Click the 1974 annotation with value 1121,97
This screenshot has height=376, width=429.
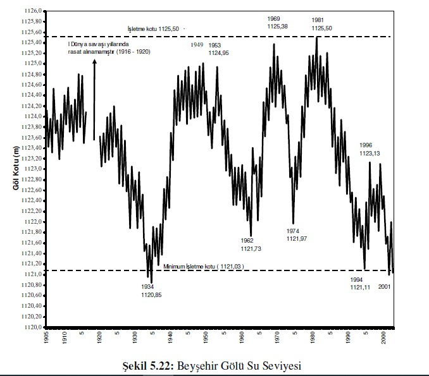click(x=296, y=234)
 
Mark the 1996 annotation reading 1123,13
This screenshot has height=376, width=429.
click(x=369, y=149)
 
